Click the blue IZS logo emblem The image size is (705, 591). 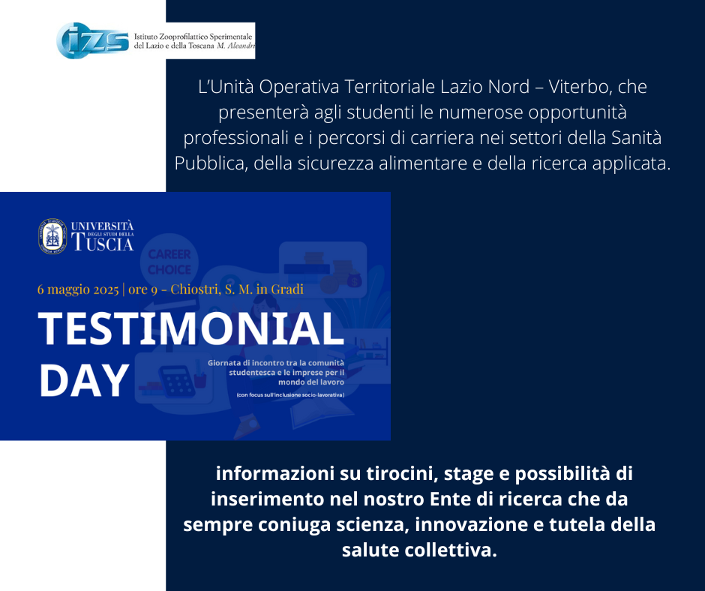point(92,40)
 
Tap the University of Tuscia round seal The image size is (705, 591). point(52,236)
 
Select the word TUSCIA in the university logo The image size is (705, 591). point(103,243)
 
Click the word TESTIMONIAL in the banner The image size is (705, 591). point(190,328)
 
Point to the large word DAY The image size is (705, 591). point(84,380)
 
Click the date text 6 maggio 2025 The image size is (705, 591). point(78,289)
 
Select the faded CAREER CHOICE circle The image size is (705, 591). point(169,261)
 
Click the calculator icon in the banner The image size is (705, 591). point(177,381)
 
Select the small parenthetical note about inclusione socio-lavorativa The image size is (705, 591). point(290,395)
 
